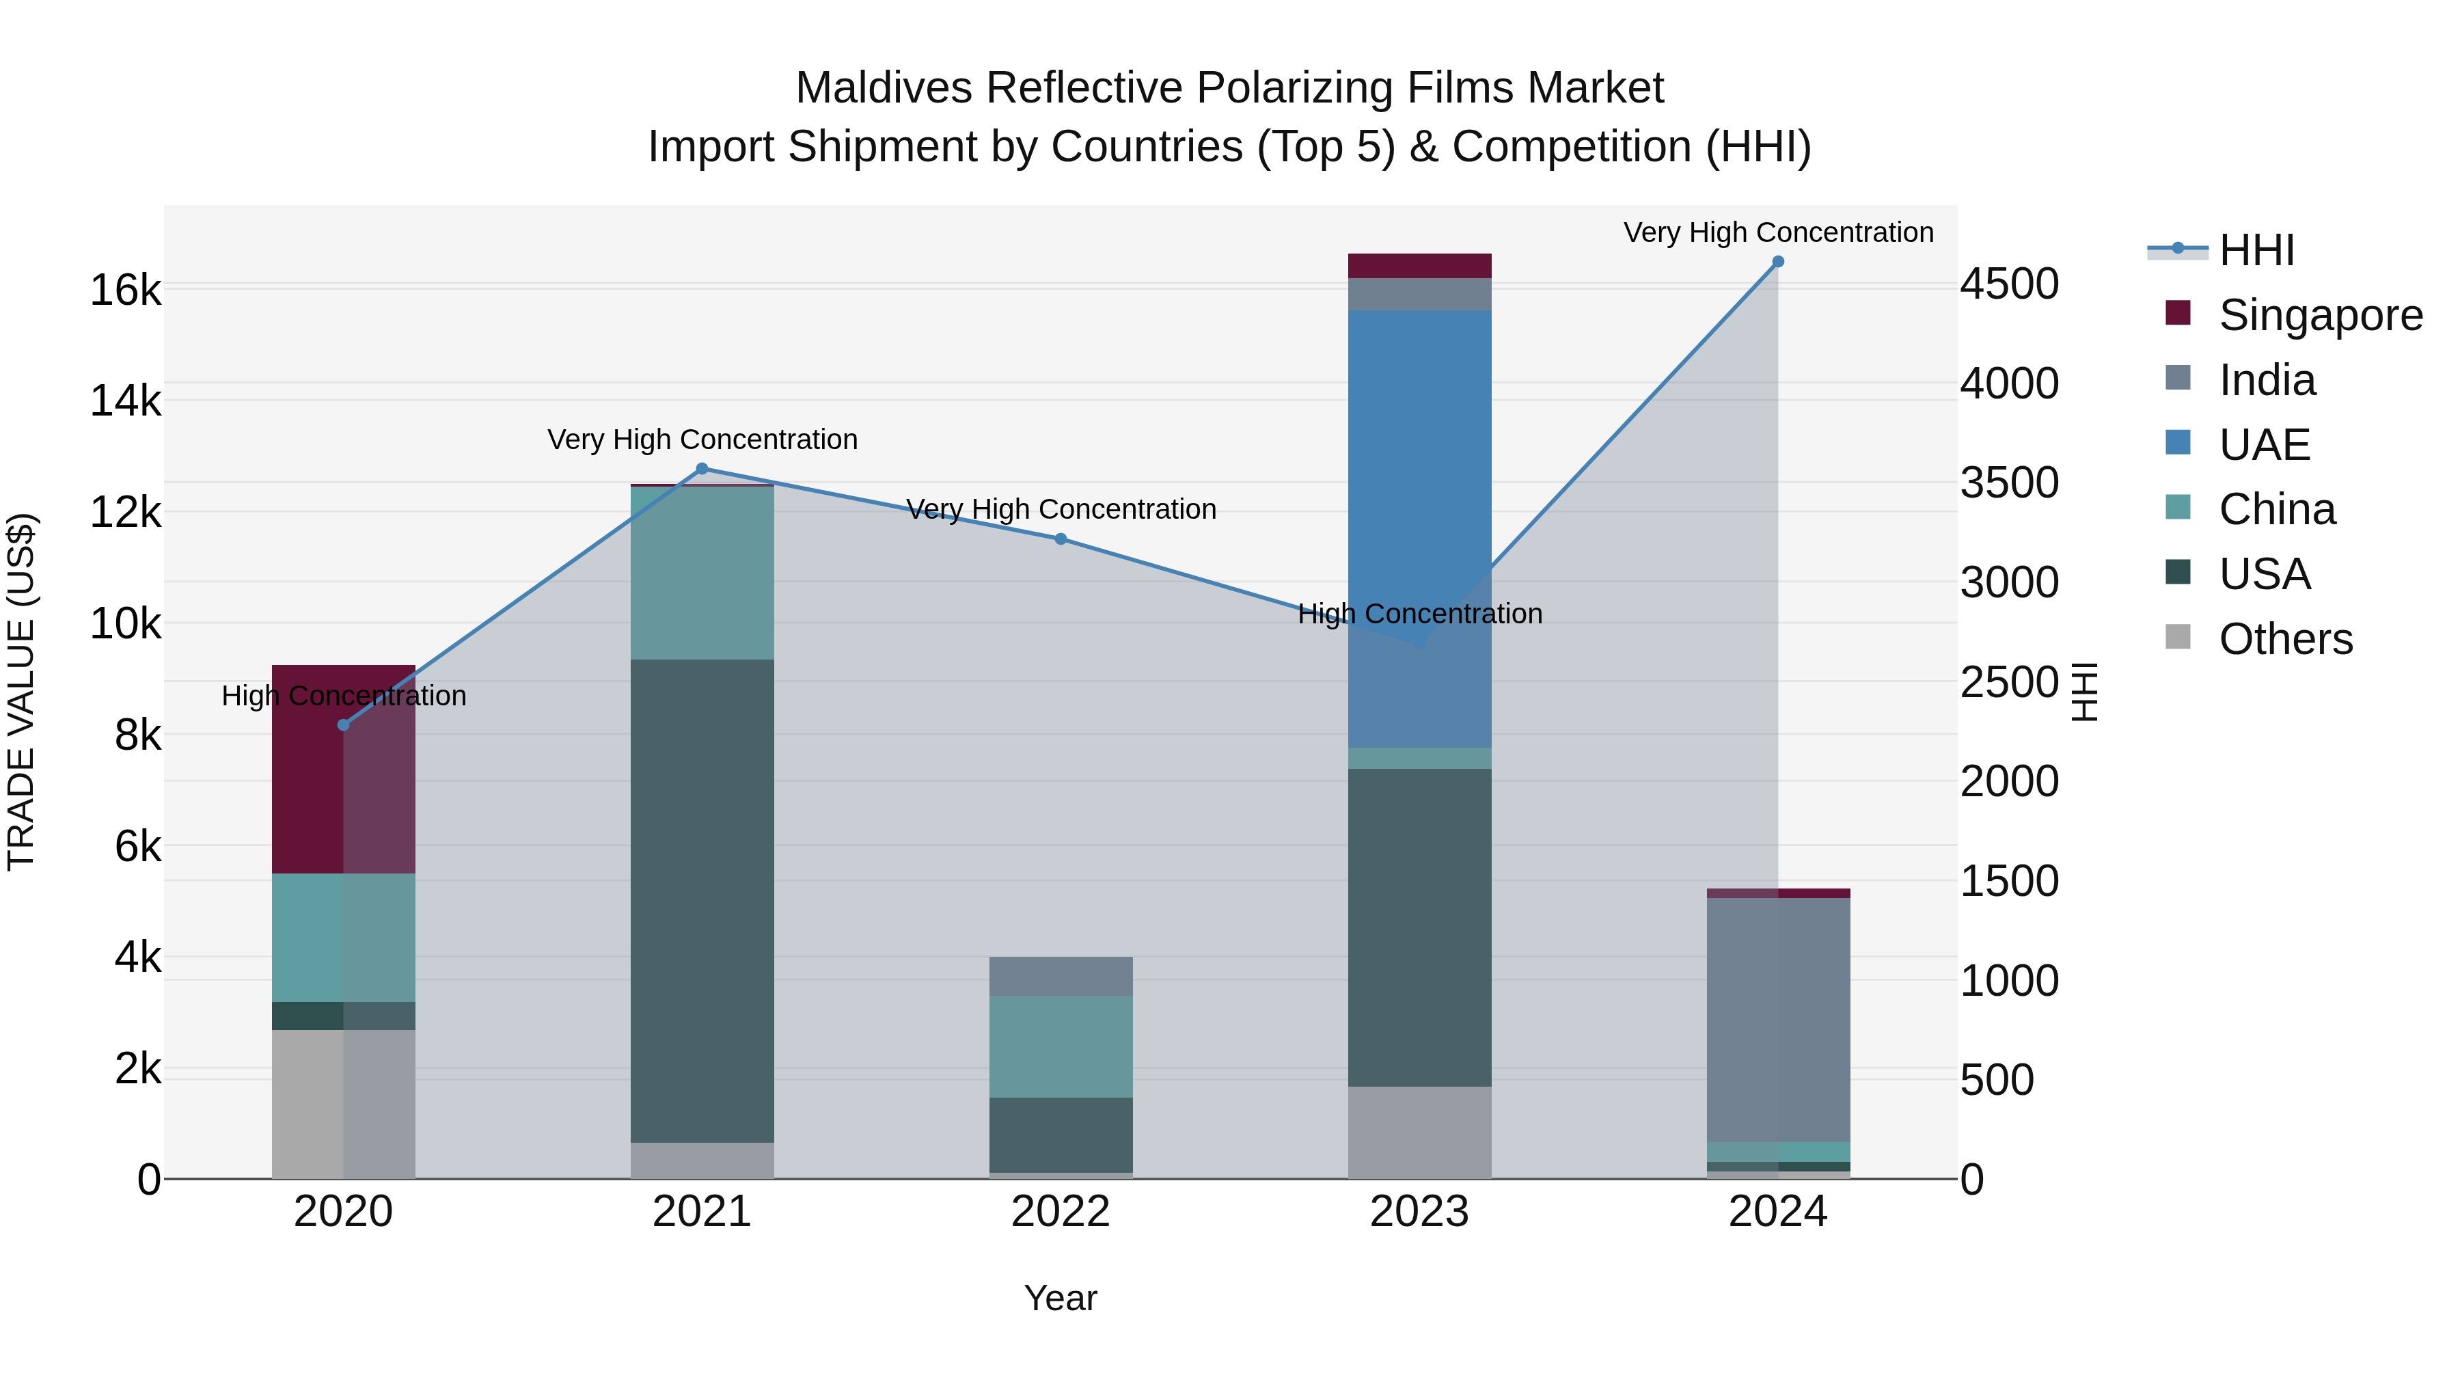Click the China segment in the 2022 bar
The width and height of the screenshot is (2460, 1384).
[1060, 1046]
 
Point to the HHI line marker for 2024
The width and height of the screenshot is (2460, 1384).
[1778, 262]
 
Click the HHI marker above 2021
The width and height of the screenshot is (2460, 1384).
[702, 469]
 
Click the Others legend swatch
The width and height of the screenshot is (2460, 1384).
[2178, 637]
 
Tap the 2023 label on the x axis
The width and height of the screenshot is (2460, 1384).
[1419, 1212]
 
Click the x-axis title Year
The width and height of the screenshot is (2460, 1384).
[1060, 1298]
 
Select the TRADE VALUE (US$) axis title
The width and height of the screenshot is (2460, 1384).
[21, 692]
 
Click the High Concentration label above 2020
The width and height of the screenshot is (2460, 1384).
[344, 695]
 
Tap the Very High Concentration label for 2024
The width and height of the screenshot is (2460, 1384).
[1778, 232]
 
